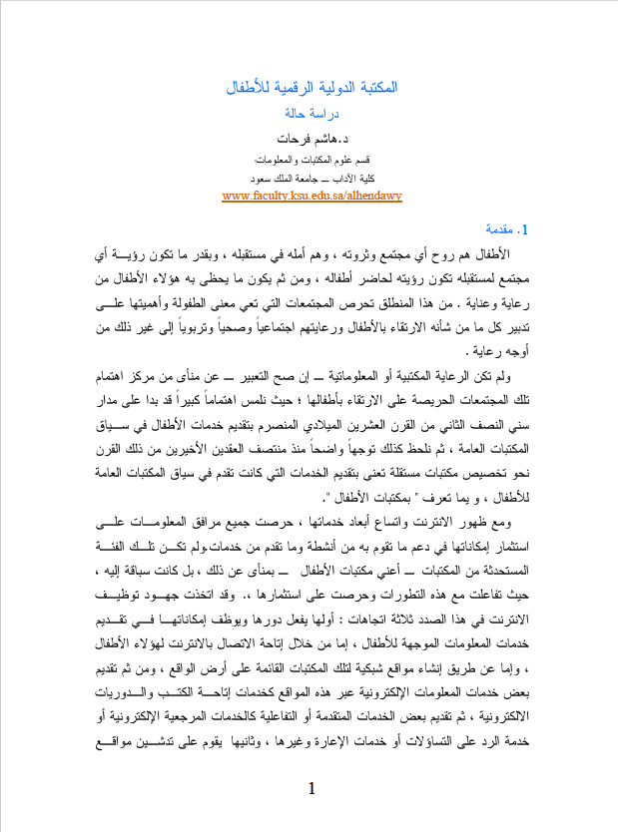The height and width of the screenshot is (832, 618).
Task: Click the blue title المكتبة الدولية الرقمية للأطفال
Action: (x=312, y=88)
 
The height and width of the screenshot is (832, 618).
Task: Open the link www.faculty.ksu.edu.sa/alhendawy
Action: (x=312, y=196)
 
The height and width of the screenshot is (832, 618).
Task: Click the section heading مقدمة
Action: (x=504, y=228)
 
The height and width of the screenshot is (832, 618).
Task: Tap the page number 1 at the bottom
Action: (x=311, y=789)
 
